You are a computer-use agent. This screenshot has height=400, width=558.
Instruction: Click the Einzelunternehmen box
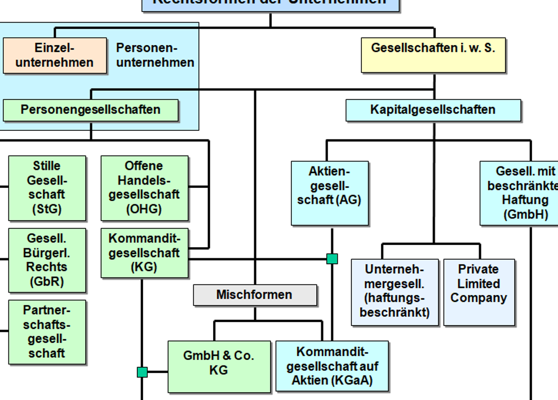tap(55, 55)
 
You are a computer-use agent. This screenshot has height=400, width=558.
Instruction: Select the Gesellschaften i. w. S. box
tap(433, 55)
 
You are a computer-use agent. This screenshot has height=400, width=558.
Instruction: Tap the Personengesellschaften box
tap(91, 110)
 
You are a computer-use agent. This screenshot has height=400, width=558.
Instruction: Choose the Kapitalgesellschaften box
tap(433, 110)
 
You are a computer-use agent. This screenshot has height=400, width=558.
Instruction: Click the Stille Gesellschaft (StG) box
tap(47, 188)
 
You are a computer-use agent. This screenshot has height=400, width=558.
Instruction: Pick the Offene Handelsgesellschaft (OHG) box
tap(144, 188)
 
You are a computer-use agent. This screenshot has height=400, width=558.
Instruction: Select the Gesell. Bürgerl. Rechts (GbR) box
tap(47, 260)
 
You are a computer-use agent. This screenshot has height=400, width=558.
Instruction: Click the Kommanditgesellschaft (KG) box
tap(144, 253)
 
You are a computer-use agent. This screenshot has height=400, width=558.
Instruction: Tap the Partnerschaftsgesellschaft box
tap(47, 332)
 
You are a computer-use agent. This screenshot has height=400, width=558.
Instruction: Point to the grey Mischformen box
tap(255, 294)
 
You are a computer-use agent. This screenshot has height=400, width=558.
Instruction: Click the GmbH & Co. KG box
tap(219, 366)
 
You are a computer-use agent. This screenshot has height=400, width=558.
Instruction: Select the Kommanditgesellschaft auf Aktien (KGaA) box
tap(332, 366)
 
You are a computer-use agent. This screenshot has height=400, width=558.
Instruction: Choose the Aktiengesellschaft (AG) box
tap(330, 193)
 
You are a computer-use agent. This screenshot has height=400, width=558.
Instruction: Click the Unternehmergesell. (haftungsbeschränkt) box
tap(394, 292)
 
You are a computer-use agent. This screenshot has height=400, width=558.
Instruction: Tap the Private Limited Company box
tap(479, 292)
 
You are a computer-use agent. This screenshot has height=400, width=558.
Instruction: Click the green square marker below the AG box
tap(332, 259)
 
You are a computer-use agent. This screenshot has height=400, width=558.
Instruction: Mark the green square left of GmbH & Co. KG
tap(142, 372)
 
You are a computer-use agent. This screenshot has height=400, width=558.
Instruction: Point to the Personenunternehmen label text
tap(155, 55)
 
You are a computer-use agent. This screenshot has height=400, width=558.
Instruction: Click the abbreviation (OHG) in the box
tap(144, 209)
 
